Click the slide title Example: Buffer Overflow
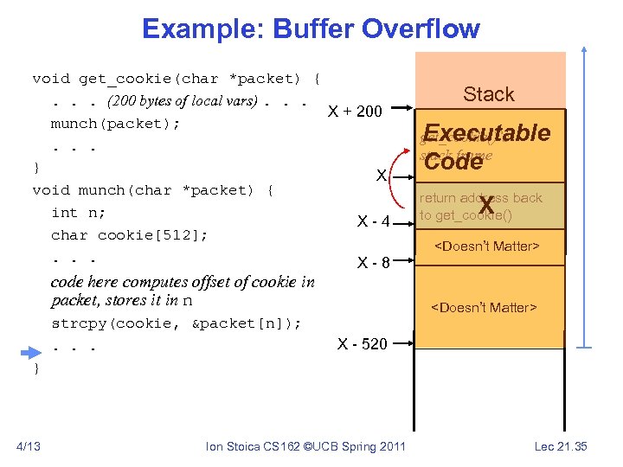pyautogui.click(x=311, y=28)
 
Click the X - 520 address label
pyautogui.click(x=362, y=343)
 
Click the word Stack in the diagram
pyautogui.click(x=488, y=94)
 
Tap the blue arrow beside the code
pyautogui.click(x=31, y=351)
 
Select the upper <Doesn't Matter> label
pyautogui.click(x=485, y=246)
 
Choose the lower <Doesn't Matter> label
pyautogui.click(x=484, y=307)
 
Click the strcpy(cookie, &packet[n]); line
pyautogui.click(x=177, y=323)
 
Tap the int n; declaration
pyautogui.click(x=78, y=212)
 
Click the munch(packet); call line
pyautogui.click(x=115, y=123)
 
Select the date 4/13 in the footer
pyautogui.click(x=29, y=446)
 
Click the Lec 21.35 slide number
pyautogui.click(x=560, y=446)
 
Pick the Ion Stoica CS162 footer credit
pyautogui.click(x=305, y=446)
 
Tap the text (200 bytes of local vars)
pyautogui.click(x=182, y=100)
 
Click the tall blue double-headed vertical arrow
pyautogui.click(x=586, y=195)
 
